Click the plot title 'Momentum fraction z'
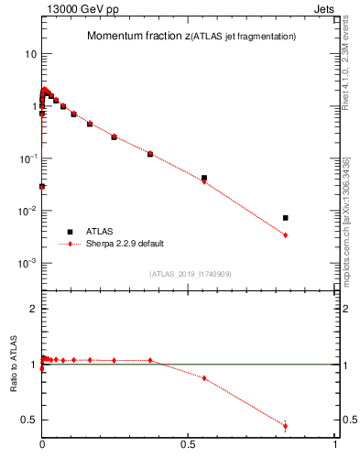(138, 37)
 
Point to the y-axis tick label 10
(31, 54)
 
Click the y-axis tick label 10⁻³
(28, 263)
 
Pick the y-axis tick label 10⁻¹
(28, 158)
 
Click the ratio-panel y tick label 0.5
(29, 420)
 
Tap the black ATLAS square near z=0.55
(204, 178)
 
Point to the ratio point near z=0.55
(204, 378)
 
